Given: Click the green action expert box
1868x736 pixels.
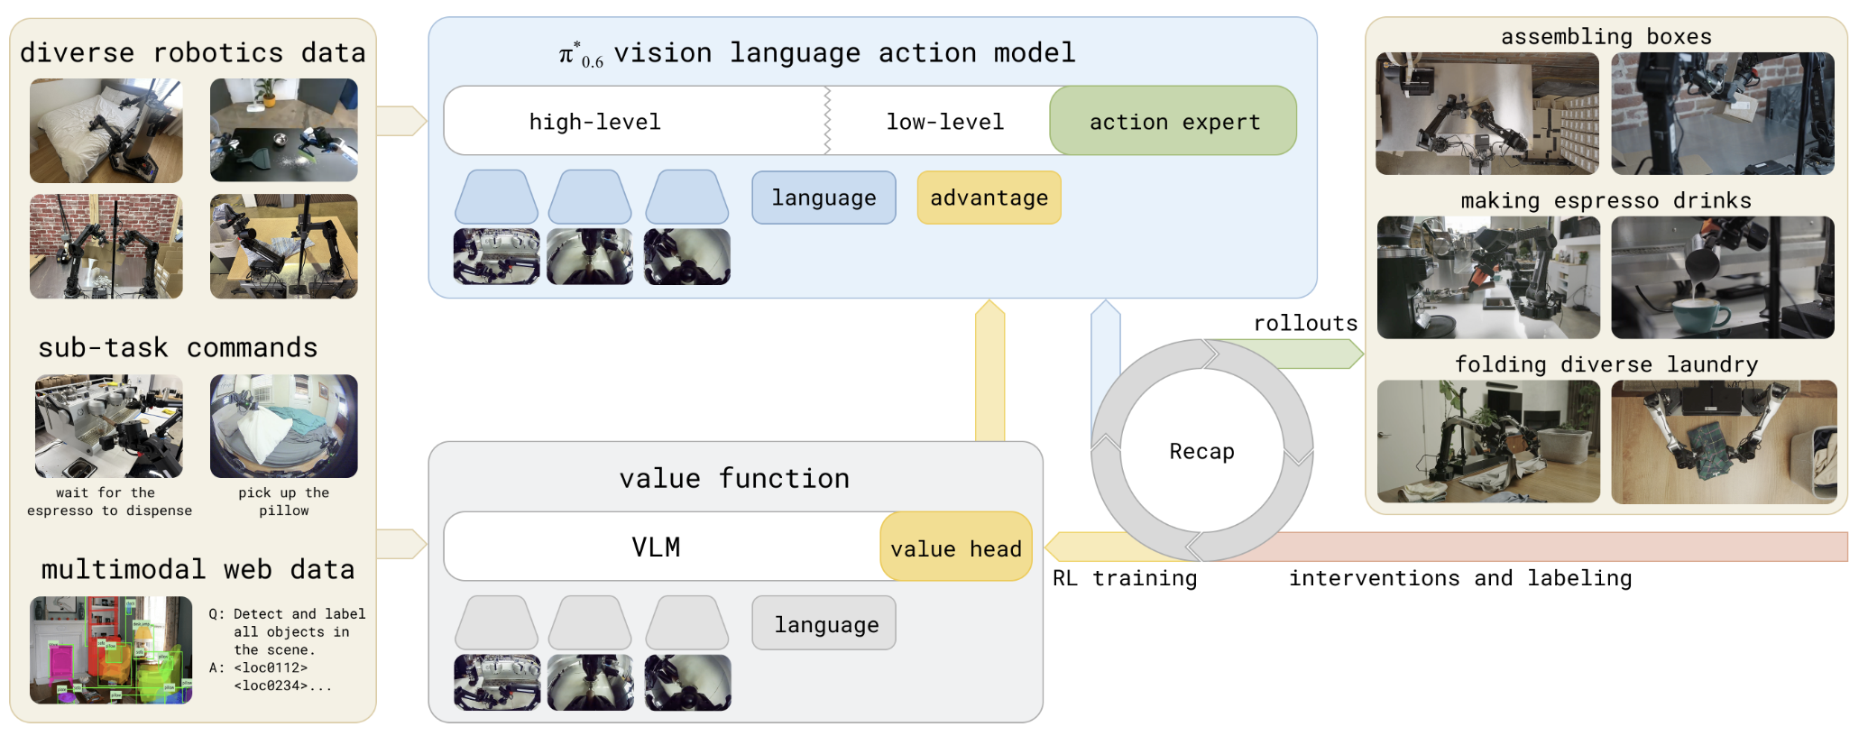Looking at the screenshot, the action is tap(1173, 121).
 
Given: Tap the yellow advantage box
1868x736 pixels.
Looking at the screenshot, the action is tap(989, 198).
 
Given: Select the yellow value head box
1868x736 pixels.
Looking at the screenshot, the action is tap(956, 547).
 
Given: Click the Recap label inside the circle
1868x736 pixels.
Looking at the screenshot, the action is tap(1201, 451).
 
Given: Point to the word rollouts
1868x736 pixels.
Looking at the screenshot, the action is tap(1305, 323).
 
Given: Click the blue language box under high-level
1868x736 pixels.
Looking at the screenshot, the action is tap(824, 198).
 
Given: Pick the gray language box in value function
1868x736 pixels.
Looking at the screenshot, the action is tap(824, 623).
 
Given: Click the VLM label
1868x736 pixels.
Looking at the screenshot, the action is tap(656, 547).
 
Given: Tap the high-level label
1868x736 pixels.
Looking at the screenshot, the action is tap(594, 122).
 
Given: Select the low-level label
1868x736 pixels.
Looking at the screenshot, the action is tap(944, 122).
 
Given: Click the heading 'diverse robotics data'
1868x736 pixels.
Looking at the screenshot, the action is tap(193, 52).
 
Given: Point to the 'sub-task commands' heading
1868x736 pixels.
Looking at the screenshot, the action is tap(178, 347).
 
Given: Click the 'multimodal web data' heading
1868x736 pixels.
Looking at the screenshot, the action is tap(198, 569).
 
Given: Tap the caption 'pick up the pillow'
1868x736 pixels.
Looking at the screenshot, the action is tap(284, 501).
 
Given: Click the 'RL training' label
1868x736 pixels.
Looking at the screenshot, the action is tap(1125, 578).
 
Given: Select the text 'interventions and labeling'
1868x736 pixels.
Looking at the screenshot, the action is tap(1460, 578).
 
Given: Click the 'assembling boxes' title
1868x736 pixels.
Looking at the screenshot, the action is tap(1606, 36).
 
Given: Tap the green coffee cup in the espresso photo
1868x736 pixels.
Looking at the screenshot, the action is tap(1700, 315).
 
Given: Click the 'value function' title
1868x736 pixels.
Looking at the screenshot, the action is tap(734, 478).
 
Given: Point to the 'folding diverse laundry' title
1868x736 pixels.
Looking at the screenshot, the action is tap(1606, 364).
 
